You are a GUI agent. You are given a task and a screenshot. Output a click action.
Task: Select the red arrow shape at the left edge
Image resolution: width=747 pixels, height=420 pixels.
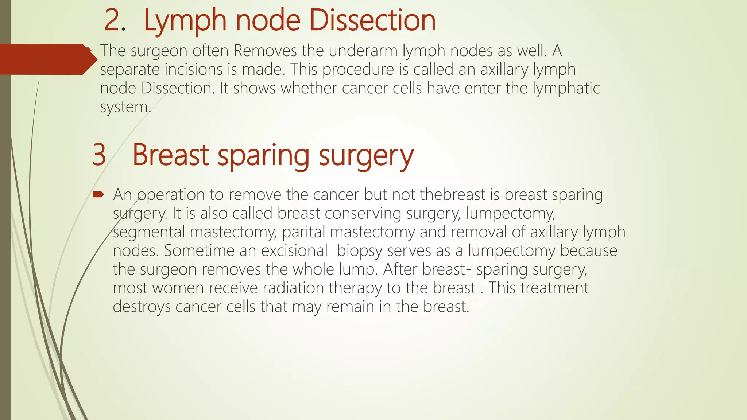[47, 59]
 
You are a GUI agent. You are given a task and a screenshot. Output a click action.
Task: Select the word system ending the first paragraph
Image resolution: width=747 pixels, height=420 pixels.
[124, 107]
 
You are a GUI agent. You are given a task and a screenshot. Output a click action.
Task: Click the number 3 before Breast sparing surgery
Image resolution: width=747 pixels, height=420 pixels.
[99, 155]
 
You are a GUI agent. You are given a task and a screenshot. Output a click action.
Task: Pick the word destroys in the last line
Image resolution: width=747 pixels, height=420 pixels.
[142, 307]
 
